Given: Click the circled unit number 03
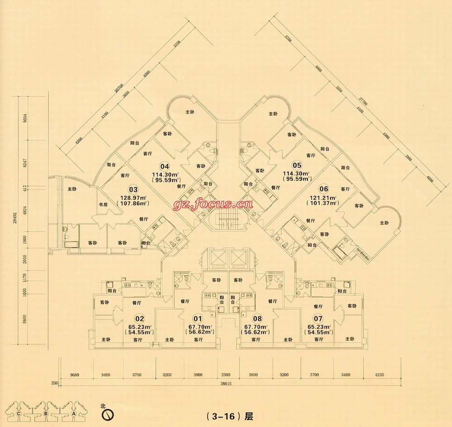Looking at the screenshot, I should click(133, 190).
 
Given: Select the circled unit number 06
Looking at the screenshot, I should click(323, 189).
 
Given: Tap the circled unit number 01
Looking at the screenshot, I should click(197, 318).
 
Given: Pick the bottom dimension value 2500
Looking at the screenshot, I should click(226, 375).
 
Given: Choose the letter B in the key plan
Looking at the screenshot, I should click(46, 413).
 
